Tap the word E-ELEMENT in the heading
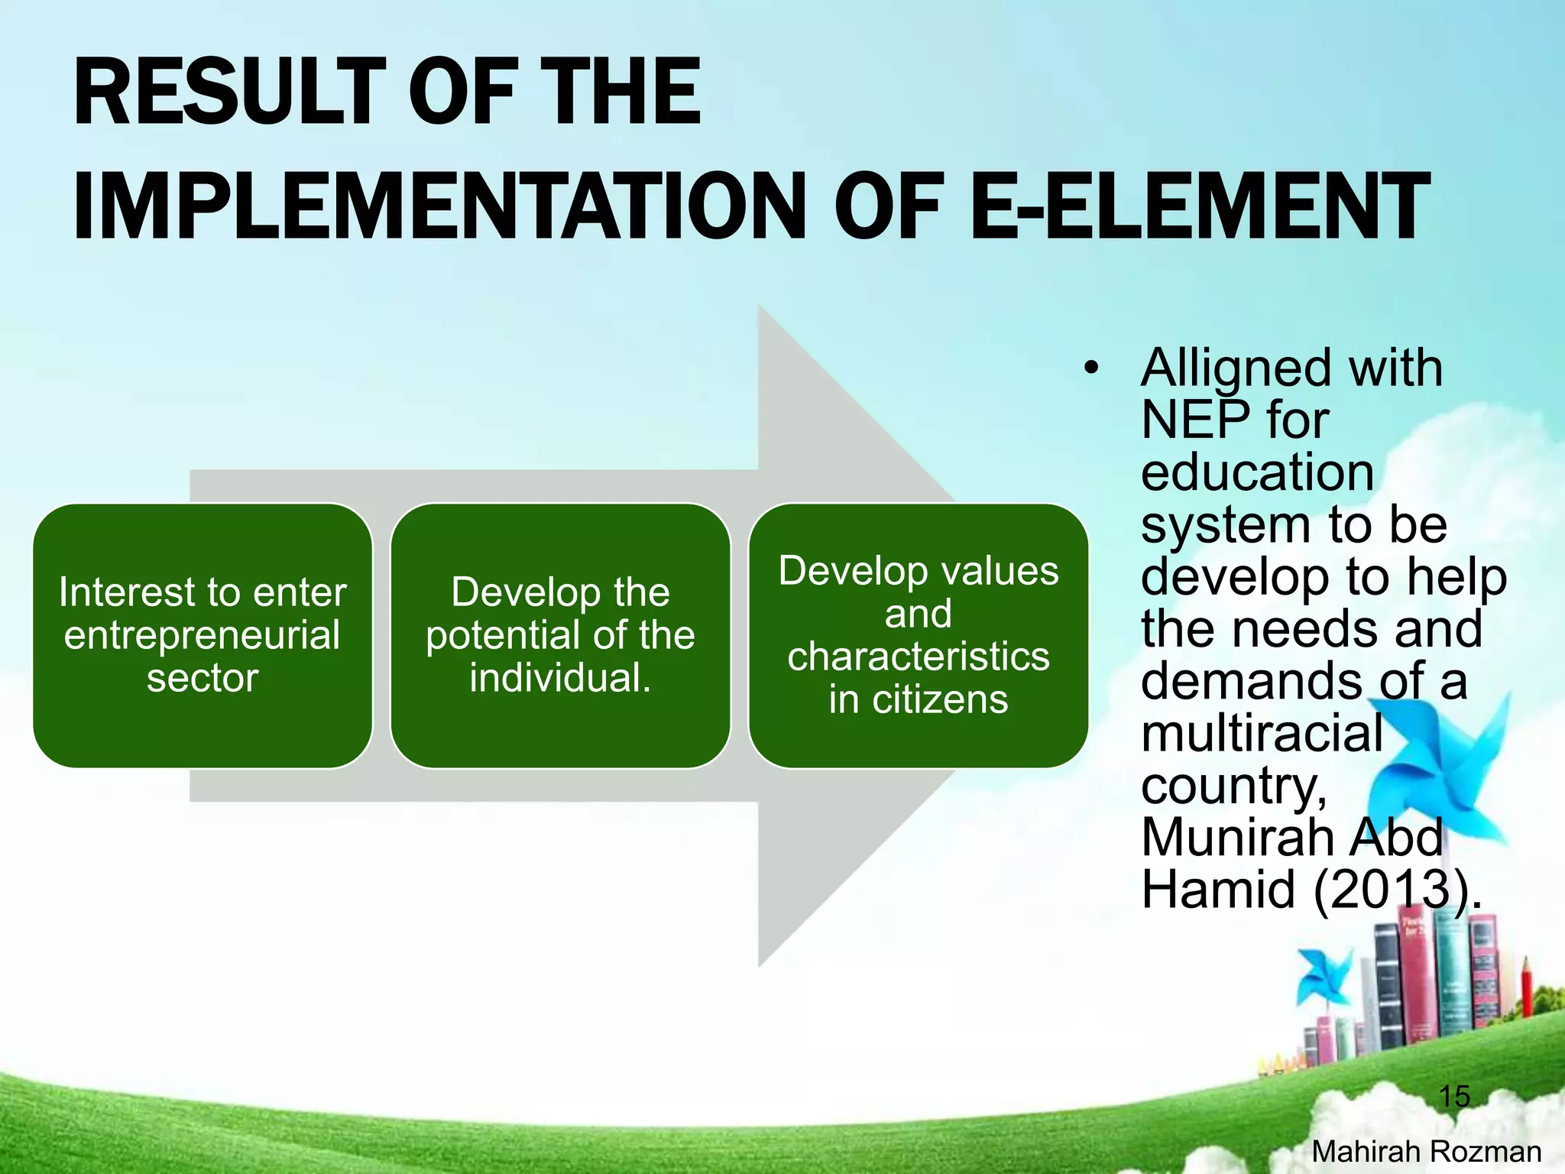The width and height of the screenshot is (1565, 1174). [1199, 206]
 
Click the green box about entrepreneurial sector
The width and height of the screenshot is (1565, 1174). [203, 636]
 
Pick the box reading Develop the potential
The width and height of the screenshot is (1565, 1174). [560, 636]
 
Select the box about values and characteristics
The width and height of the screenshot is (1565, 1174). [918, 636]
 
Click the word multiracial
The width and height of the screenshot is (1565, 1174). [1262, 733]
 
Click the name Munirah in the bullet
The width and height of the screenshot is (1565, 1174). [1237, 838]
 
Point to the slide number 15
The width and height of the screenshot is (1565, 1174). [1453, 1096]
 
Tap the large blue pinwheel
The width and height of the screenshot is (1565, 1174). [1437, 780]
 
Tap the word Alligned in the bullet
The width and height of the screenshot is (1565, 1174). [1238, 369]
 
